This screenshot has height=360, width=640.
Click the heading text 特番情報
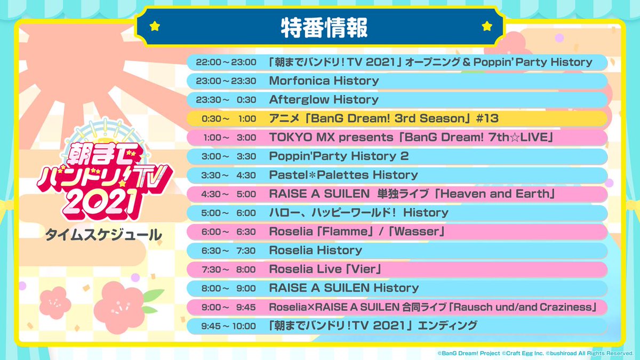(x=324, y=27)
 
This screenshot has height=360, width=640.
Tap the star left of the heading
(x=155, y=26)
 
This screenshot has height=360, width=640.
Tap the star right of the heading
(x=486, y=26)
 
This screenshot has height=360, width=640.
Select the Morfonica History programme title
(x=324, y=81)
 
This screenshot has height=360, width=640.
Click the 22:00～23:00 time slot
(x=226, y=62)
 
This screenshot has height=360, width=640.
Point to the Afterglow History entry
(x=323, y=100)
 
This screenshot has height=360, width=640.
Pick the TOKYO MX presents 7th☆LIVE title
(x=410, y=138)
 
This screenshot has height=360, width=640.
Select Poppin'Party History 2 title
(x=338, y=156)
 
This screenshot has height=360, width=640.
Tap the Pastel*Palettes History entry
(x=343, y=175)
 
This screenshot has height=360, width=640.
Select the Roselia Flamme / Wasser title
(x=357, y=231)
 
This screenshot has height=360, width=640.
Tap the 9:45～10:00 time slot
(x=226, y=325)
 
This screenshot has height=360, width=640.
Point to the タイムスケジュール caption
(x=103, y=235)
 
